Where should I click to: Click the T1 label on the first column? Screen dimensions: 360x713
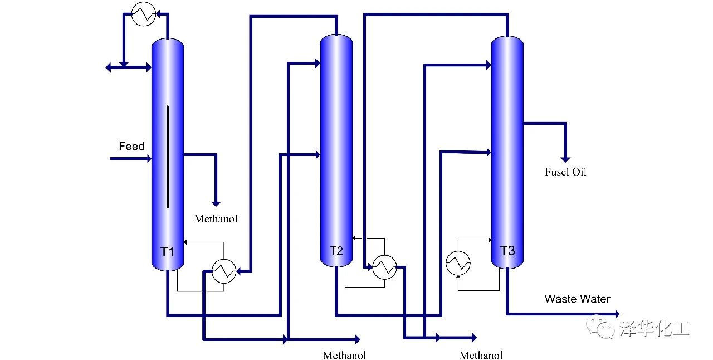tap(168, 252)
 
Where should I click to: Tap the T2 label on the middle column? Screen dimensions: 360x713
tap(336, 250)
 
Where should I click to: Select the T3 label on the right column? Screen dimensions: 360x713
tap(507, 251)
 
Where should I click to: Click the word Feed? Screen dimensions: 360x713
tap(131, 147)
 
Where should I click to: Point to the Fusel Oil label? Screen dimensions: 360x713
tap(565, 172)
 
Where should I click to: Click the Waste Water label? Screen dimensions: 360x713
tap(577, 299)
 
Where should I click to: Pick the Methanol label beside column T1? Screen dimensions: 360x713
tap(216, 219)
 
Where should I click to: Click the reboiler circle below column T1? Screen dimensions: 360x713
tap(224, 272)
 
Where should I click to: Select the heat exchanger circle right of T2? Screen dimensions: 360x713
tap(384, 267)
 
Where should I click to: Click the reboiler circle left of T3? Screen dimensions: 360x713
tap(458, 262)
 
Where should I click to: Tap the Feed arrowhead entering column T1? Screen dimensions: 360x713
tap(148, 159)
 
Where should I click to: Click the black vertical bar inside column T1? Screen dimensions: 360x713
tap(167, 157)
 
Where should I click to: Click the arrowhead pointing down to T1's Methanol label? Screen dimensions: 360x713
tap(216, 203)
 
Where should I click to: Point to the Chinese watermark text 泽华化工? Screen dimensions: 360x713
tap(654, 328)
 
